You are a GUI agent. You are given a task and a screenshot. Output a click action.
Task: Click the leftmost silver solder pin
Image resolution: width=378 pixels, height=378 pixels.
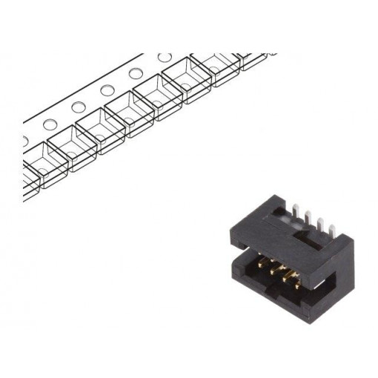295,218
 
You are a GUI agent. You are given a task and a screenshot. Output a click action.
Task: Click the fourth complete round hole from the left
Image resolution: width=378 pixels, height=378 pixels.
135,73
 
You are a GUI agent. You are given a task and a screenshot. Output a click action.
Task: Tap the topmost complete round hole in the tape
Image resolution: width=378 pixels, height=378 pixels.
162,57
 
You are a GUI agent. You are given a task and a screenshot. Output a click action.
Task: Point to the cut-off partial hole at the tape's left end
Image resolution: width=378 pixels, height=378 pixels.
24,139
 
